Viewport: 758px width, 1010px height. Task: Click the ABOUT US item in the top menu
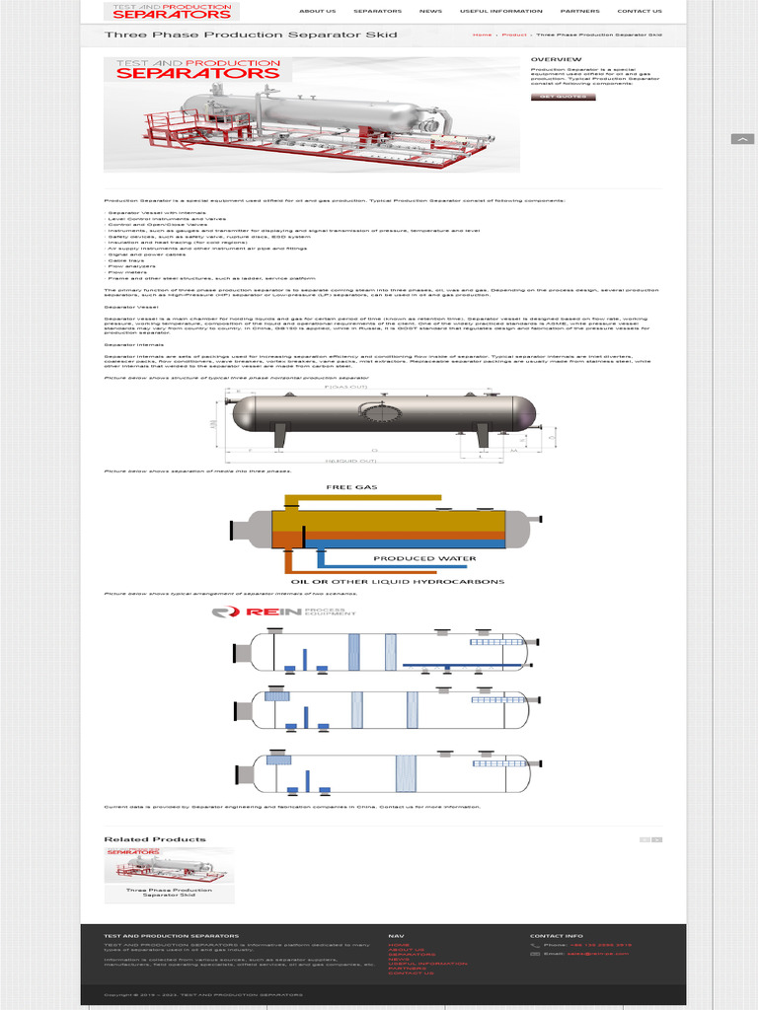pos(317,12)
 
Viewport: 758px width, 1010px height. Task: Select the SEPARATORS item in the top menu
pos(377,12)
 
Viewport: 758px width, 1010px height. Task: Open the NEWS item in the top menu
pos(430,12)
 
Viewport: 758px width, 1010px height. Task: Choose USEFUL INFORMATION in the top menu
pos(500,12)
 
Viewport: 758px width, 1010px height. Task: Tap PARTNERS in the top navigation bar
pos(579,12)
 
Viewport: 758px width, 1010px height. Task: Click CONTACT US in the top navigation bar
pos(640,12)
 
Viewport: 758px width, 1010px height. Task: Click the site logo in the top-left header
pos(173,12)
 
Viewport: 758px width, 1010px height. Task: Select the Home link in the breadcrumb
pos(482,36)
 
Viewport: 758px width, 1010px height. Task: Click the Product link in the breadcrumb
pos(513,36)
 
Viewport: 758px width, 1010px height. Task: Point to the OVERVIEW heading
pos(549,60)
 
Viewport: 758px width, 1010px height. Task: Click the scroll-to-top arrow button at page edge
pos(742,139)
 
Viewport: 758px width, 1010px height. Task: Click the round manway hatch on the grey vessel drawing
pos(375,413)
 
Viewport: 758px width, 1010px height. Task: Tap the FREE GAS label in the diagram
pos(352,487)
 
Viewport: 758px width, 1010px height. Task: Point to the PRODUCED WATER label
pos(424,558)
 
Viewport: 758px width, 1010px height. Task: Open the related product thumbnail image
pos(169,865)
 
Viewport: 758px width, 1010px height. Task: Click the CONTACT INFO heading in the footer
pos(557,935)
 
